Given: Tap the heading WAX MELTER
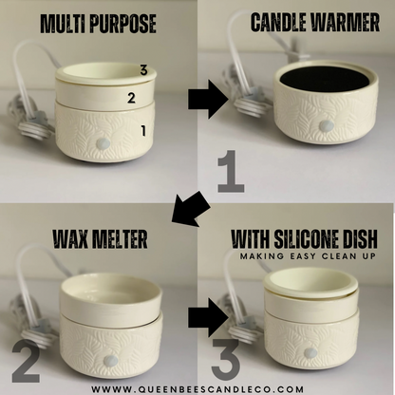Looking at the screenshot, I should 99,239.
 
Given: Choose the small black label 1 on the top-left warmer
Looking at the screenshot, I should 143,132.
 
